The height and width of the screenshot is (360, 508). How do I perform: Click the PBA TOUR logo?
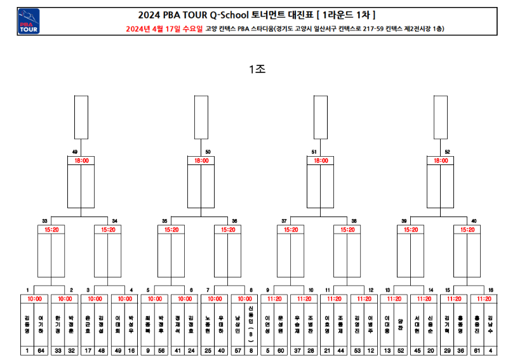[29, 22]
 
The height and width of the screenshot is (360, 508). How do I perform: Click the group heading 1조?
[257, 70]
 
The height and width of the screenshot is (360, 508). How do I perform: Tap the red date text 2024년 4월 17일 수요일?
[164, 29]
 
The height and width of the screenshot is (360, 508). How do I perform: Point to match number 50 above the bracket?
[208, 152]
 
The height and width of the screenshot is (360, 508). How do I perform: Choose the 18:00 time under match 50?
[201, 161]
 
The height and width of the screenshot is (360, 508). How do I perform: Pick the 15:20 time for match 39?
[410, 230]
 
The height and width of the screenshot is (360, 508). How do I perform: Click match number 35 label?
[164, 221]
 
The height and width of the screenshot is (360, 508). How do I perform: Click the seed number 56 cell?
[162, 349]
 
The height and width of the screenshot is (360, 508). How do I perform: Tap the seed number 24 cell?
[192, 349]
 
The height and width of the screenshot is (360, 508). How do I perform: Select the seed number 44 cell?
[342, 349]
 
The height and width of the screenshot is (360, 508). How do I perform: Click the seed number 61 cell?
[477, 349]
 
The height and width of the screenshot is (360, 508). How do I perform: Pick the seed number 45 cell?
[417, 349]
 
